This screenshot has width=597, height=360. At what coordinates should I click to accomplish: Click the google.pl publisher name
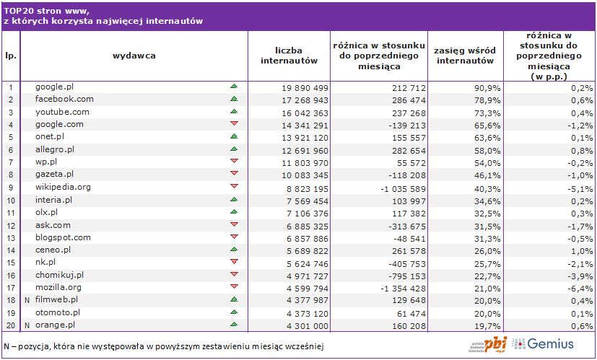55,87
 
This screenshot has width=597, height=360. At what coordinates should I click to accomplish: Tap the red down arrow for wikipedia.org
233,187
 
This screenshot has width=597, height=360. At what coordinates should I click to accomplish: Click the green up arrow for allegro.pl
233,149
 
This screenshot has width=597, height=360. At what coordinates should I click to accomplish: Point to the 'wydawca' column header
134,55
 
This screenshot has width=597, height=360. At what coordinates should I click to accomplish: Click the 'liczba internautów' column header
289,56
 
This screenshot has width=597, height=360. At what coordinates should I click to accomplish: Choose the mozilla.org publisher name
58,287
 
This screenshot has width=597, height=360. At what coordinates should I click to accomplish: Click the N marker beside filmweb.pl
27,300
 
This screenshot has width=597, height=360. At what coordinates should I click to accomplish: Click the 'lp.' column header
11,55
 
